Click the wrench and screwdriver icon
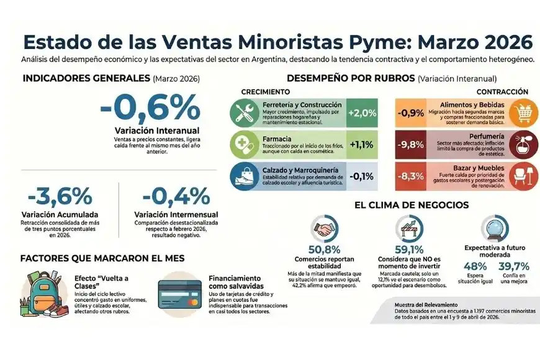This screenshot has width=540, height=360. point(242,112)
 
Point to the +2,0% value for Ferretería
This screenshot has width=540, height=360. point(362,112)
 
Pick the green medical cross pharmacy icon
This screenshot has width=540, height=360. point(242,144)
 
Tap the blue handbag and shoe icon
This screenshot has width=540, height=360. point(242,176)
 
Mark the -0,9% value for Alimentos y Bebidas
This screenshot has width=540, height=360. point(411,112)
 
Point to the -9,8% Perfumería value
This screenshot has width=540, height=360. point(411,144)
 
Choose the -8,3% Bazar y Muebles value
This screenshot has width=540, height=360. point(411,176)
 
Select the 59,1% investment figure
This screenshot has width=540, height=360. point(408,248)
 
